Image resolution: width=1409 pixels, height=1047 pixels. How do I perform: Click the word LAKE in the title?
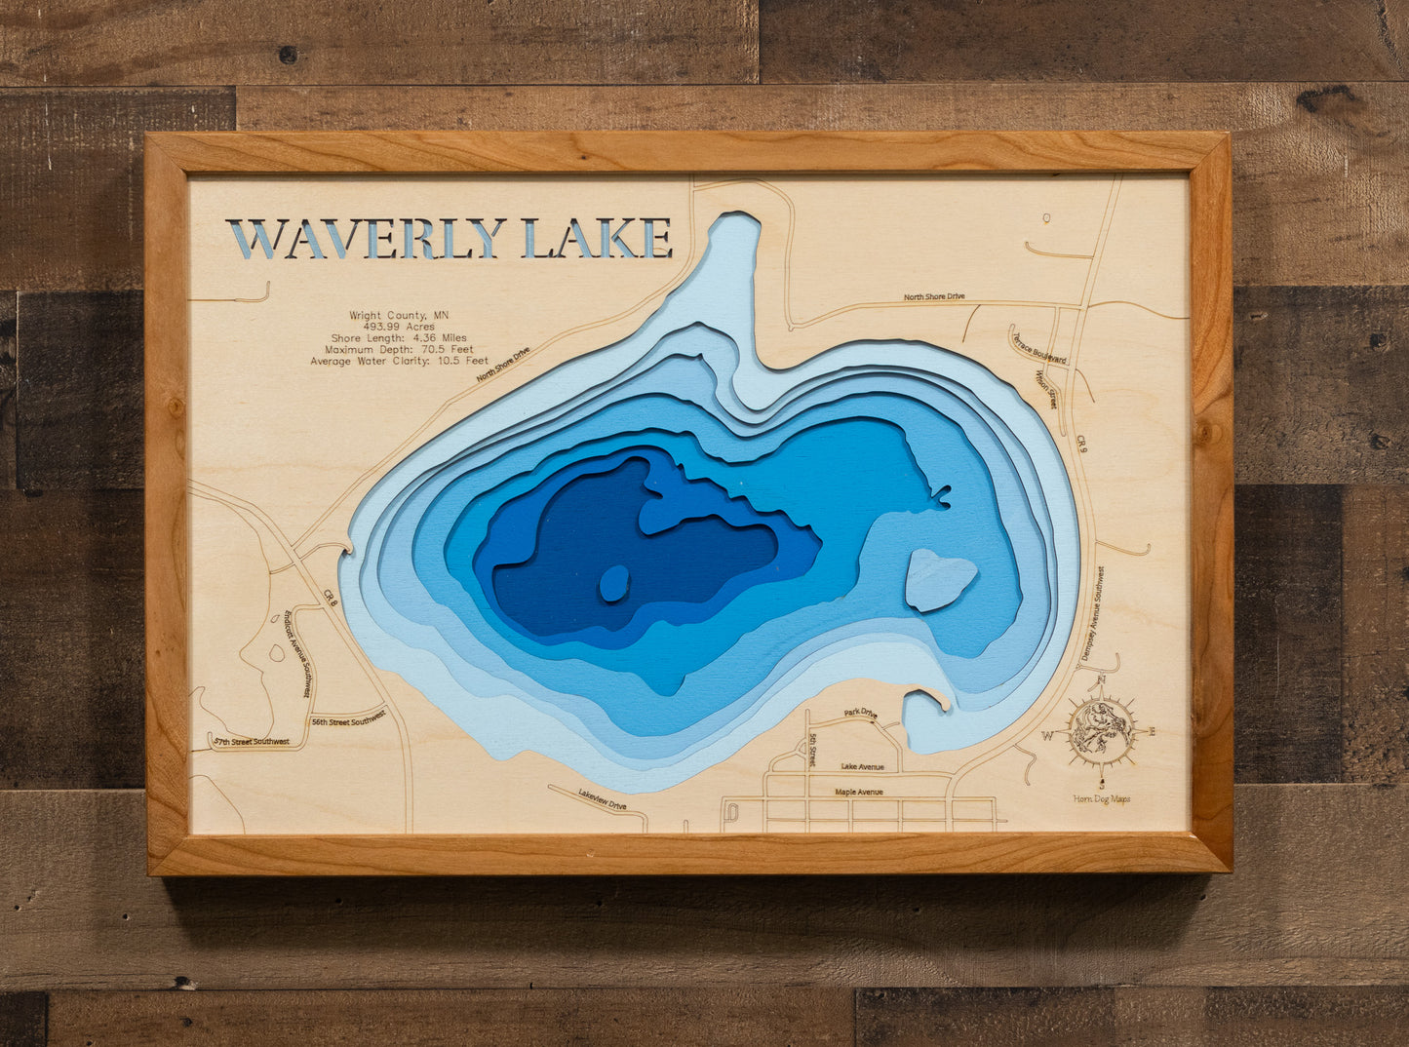coord(598,238)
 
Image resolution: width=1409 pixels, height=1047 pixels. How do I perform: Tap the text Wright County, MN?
coord(400,315)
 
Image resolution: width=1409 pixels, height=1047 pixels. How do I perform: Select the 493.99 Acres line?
coord(400,327)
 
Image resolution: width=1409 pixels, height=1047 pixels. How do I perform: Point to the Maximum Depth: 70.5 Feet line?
coord(400,349)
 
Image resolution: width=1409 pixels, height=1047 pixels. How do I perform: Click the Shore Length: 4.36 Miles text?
coord(400,338)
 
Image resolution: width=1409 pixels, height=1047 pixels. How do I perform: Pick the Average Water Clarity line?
coord(400,361)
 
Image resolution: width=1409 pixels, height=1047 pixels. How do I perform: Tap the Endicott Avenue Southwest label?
coord(296,653)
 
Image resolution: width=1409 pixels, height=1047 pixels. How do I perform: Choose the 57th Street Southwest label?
coord(252,742)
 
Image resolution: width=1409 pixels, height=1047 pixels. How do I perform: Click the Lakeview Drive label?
coord(602,799)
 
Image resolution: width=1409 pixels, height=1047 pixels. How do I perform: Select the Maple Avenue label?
coord(859,792)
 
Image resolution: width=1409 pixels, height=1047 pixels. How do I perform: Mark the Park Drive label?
coord(860,714)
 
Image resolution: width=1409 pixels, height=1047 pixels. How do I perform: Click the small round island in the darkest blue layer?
coord(613,583)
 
